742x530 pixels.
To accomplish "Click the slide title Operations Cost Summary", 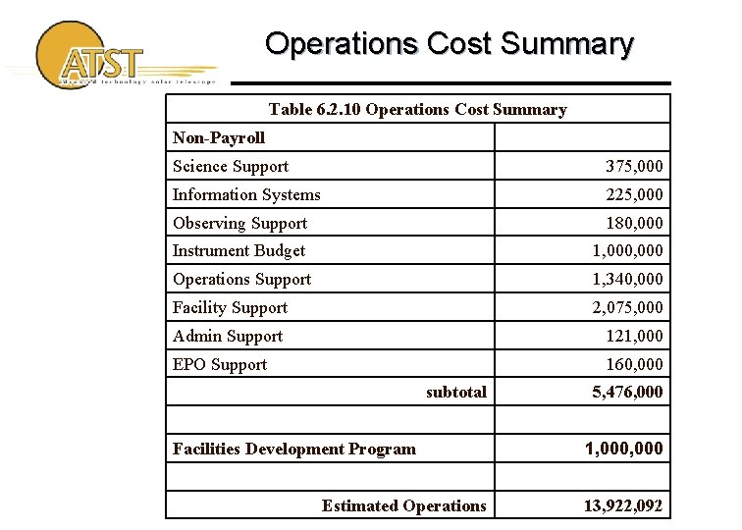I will point(449,44).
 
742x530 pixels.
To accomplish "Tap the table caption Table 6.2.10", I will point(417,110).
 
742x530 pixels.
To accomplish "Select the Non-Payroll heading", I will point(219,138).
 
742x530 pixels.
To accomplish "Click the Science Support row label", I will point(231,167).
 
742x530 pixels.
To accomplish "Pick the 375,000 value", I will point(633,167).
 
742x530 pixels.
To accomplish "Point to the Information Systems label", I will point(246,195).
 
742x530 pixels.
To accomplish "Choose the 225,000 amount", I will point(633,195).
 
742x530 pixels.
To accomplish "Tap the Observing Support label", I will point(239,224).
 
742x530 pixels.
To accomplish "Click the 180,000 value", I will point(633,224).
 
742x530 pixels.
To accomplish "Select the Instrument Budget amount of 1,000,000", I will point(627,251).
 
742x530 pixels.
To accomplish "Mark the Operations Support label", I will point(241,280).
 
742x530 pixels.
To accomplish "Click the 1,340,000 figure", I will point(627,280).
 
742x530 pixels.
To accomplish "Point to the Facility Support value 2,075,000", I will point(627,308).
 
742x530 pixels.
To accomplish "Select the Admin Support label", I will point(228,337).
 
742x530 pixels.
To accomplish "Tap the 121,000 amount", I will point(635,337).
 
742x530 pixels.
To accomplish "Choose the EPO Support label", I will point(220,365).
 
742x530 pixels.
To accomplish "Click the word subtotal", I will point(455,393).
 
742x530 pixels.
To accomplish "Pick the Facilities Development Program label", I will point(294,450).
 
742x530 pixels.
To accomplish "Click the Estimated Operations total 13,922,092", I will point(622,506).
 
